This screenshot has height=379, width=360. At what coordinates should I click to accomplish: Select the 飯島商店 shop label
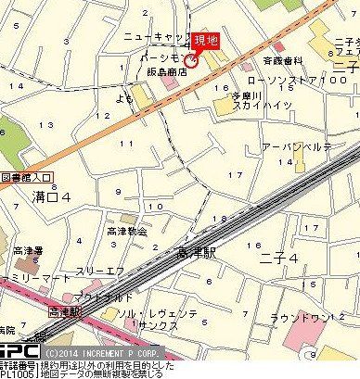163,70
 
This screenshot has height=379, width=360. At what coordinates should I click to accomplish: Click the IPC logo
19,353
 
